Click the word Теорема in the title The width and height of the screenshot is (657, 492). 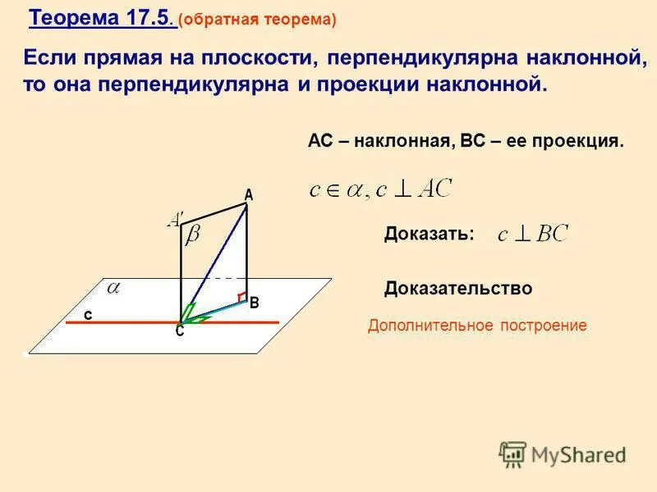tap(75, 18)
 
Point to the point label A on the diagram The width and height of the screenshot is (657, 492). tap(248, 195)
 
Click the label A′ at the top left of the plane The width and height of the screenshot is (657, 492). tap(176, 219)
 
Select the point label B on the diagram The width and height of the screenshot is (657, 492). tap(255, 303)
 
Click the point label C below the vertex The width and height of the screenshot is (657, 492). tap(179, 332)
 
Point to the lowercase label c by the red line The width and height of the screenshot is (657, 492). tap(87, 314)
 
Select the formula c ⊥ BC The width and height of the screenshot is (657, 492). tap(533, 235)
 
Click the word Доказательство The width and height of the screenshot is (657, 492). tap(458, 289)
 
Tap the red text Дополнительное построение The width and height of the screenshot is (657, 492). tap(477, 326)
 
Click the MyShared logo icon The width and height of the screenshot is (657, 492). tap(512, 453)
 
